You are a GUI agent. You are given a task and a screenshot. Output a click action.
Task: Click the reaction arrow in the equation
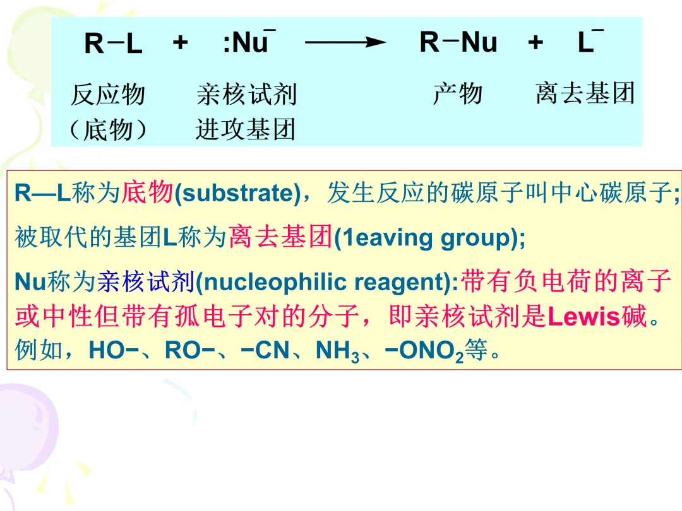(x=345, y=43)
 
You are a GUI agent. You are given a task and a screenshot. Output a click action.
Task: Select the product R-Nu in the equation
(x=458, y=43)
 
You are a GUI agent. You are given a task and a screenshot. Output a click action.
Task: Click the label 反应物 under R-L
(x=108, y=95)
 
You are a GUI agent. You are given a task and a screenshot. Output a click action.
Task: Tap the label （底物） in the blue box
(x=108, y=129)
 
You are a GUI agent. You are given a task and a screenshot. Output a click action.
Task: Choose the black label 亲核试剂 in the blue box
(x=246, y=95)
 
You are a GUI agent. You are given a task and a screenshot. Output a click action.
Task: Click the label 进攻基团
(x=246, y=129)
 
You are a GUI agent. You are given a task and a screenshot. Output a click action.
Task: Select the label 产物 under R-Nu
(x=457, y=94)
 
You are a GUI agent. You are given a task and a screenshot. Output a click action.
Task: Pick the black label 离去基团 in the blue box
(x=585, y=94)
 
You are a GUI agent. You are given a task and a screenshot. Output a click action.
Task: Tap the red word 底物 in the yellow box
(x=147, y=192)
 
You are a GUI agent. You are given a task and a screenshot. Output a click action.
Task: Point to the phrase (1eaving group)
(x=429, y=238)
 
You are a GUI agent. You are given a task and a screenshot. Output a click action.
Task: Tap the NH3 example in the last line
(x=337, y=351)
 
